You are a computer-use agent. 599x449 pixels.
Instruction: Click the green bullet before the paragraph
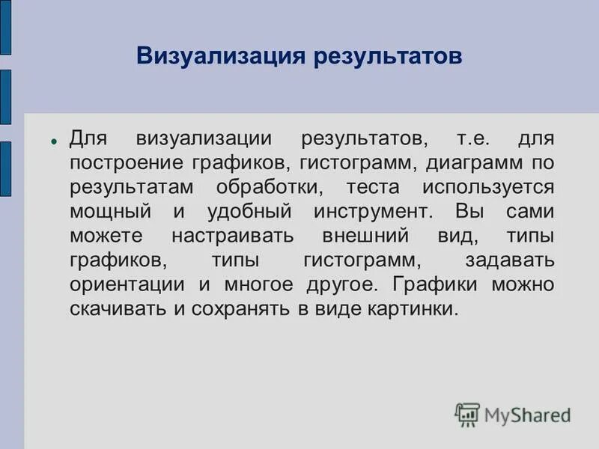[x=54, y=141]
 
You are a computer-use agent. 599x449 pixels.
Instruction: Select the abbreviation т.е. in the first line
[x=473, y=139]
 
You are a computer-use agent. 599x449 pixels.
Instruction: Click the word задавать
[x=509, y=260]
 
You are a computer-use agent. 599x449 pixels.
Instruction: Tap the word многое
[x=257, y=284]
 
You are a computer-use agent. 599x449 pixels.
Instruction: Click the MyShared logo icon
[x=467, y=415]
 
